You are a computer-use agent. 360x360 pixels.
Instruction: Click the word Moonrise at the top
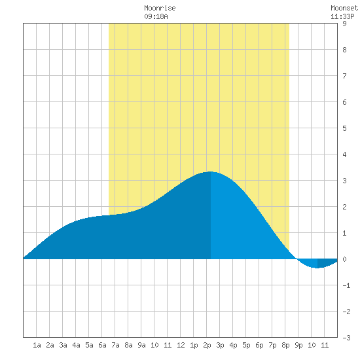pyautogui.click(x=160, y=8)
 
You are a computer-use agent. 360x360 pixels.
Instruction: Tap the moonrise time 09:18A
pyautogui.click(x=156, y=16)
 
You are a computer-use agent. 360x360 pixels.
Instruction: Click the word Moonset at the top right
pyautogui.click(x=344, y=8)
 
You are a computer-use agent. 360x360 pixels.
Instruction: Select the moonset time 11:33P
pyautogui.click(x=342, y=16)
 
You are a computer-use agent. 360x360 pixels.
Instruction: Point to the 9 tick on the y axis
pyautogui.click(x=344, y=24)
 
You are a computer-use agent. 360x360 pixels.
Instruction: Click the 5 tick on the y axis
pyautogui.click(x=344, y=128)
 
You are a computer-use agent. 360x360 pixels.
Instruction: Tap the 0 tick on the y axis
pyautogui.click(x=344, y=259)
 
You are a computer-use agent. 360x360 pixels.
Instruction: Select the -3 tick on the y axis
pyautogui.click(x=346, y=338)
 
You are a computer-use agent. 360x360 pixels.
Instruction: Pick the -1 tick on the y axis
pyautogui.click(x=346, y=285)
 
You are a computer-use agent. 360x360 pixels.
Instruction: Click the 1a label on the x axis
pyautogui.click(x=37, y=345)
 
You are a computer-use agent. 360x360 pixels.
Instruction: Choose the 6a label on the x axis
pyautogui.click(x=102, y=345)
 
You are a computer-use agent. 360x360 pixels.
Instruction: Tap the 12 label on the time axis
pyautogui.click(x=181, y=345)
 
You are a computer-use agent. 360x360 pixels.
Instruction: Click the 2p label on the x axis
pyautogui.click(x=207, y=345)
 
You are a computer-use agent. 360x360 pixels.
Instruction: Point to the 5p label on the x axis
pyautogui.click(x=246, y=345)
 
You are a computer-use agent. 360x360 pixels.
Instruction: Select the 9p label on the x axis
pyautogui.click(x=298, y=345)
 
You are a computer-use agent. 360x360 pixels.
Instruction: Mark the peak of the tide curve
pyautogui.click(x=210, y=171)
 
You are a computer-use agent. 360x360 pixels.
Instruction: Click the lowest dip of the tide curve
pyautogui.click(x=317, y=268)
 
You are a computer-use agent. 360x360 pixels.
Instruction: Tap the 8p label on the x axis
pyautogui.click(x=285, y=345)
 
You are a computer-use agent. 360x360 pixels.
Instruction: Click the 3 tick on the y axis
pyautogui.click(x=344, y=181)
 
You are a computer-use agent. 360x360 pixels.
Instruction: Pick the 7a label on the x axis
pyautogui.click(x=115, y=345)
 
